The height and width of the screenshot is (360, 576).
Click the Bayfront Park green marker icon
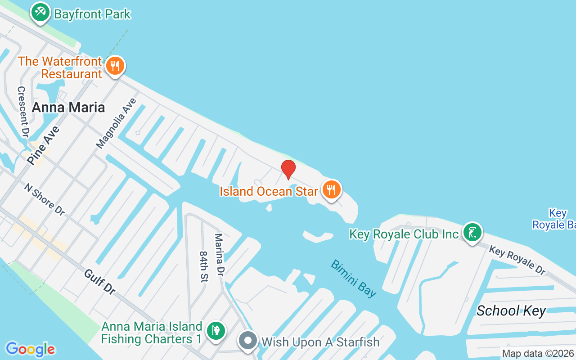[40, 12]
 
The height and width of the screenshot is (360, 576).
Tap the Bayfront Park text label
[92, 14]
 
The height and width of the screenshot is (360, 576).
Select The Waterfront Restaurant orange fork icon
[115, 67]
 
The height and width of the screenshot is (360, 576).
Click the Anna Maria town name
[68, 107]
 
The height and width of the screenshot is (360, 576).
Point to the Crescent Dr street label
[23, 112]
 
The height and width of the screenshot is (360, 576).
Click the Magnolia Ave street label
[116, 123]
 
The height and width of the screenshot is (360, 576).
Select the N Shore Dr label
[45, 198]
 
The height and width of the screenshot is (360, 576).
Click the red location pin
[288, 169]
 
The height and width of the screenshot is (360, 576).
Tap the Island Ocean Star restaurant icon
[331, 189]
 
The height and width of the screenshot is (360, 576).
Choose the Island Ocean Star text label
[269, 191]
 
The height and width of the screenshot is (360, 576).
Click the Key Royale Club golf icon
[472, 233]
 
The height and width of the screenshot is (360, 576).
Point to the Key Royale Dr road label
[517, 260]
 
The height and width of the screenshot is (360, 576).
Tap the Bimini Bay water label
[354, 278]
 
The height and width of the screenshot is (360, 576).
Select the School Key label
[511, 310]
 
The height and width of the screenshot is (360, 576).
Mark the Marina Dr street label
[219, 255]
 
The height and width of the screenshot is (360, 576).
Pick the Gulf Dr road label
[99, 282]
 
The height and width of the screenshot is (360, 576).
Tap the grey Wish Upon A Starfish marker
[247, 341]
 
